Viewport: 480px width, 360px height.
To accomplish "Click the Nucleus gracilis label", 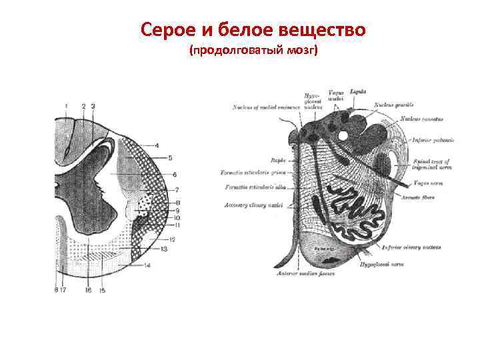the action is [393, 105].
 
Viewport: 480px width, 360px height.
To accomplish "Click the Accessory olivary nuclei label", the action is [255, 205].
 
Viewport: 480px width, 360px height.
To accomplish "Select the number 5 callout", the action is [170, 158].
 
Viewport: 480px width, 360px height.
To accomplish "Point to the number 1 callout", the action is [66, 106].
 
